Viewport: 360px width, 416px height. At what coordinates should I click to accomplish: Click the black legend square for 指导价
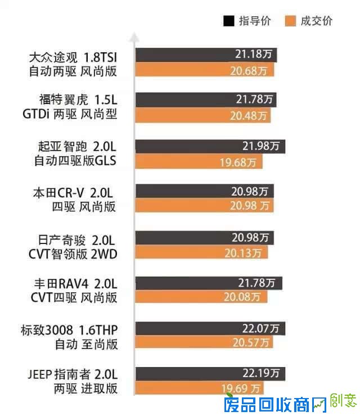point(229,21)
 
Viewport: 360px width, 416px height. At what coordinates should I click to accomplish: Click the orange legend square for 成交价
point(290,21)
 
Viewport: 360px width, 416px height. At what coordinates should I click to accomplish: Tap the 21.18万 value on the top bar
point(254,55)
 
